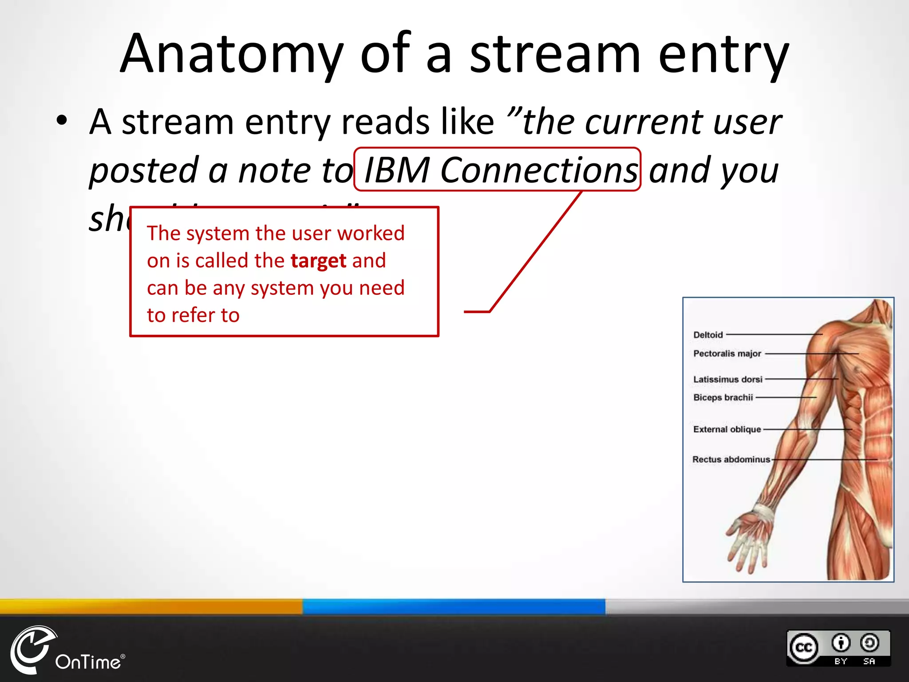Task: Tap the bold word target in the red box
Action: [318, 261]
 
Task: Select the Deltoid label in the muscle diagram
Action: [708, 335]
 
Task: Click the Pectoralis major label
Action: [727, 353]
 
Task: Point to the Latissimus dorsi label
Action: [727, 379]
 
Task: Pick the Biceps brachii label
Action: [723, 397]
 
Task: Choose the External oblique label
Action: [727, 429]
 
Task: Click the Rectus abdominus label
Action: [731, 460]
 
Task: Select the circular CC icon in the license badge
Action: [804, 648]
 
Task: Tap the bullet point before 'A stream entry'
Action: [62, 121]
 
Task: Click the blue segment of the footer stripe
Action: [454, 606]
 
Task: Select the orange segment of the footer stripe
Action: [151, 606]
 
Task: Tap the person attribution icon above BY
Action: [841, 642]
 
